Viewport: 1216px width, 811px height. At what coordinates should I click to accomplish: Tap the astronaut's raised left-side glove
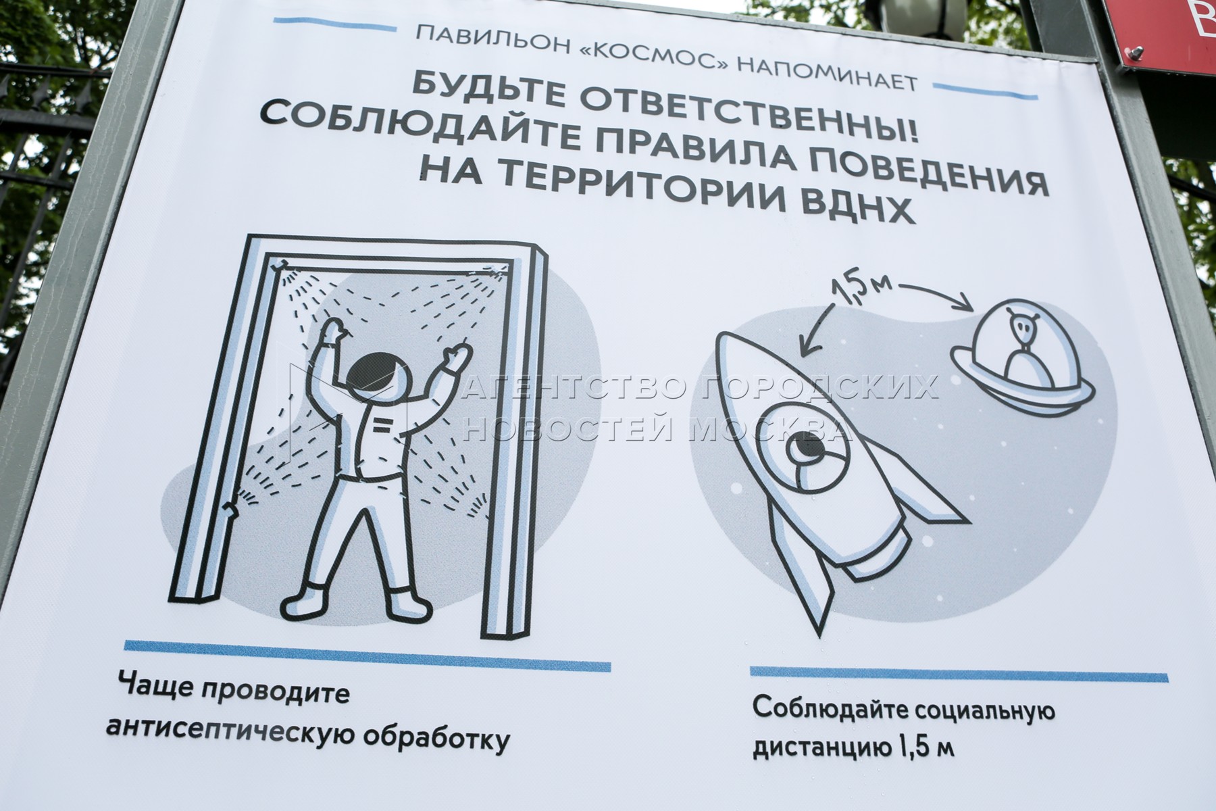click(x=334, y=331)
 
